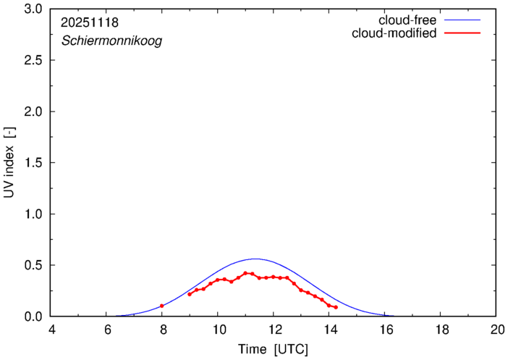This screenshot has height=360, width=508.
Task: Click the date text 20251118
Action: coord(90,22)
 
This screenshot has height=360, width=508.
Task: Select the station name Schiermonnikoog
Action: coord(111,41)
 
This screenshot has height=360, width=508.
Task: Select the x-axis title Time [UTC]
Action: coord(273,350)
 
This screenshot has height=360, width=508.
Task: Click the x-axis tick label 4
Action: coord(51,329)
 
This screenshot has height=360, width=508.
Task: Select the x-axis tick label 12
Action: coord(274,329)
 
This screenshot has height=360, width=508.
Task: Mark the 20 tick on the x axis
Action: coord(496,329)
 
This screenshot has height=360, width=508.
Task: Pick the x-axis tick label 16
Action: coord(385,329)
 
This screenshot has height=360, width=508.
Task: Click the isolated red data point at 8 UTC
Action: coord(162,306)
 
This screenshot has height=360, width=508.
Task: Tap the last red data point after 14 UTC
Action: coord(336,307)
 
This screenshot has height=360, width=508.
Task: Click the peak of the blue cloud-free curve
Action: coord(255,259)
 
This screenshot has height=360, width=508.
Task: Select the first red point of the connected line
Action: coord(190,294)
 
